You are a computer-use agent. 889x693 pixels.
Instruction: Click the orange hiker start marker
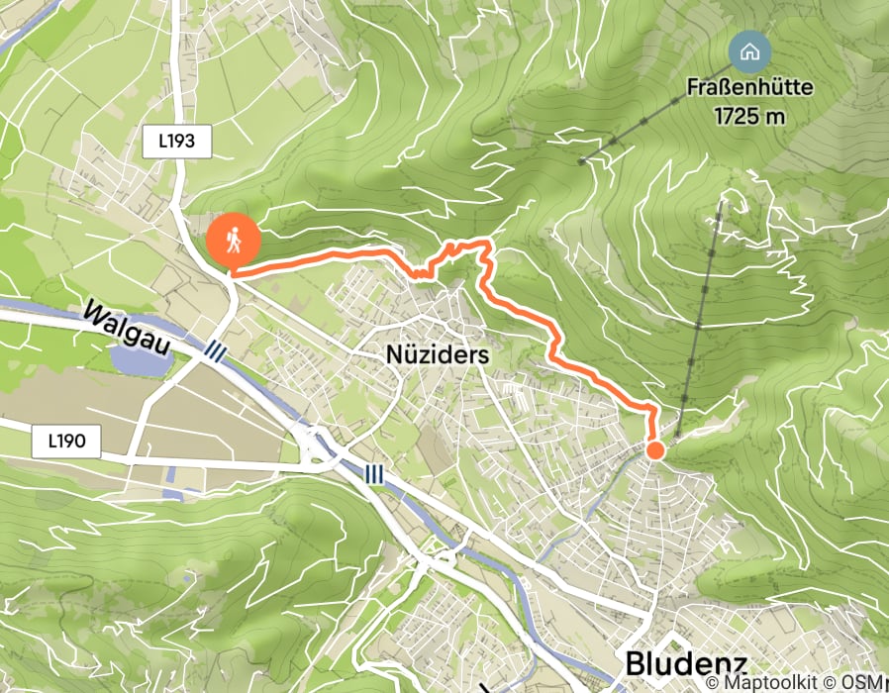(234, 239)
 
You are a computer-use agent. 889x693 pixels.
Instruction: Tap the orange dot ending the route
(654, 450)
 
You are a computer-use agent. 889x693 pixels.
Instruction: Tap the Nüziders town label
(437, 352)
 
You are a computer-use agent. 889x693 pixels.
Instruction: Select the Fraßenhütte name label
(750, 88)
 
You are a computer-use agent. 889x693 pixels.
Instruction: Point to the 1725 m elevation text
(750, 115)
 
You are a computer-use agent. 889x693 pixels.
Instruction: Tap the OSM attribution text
(868, 682)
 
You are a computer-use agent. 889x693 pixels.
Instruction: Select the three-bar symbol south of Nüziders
(373, 474)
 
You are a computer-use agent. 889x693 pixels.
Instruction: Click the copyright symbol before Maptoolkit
(713, 682)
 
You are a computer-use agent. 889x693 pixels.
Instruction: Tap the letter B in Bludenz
(636, 663)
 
